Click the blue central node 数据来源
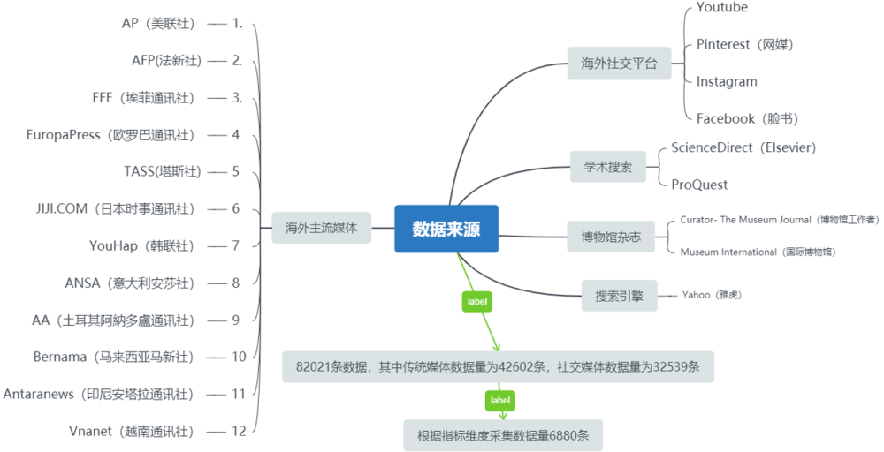point(446,228)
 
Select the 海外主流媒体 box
point(321,227)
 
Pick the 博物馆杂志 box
point(611,237)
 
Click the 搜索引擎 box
point(619,296)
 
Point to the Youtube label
point(721,8)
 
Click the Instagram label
point(727,81)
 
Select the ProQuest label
point(699,185)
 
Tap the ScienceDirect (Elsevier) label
point(743,147)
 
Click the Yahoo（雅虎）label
point(711,294)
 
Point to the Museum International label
point(758,252)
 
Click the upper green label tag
point(476,301)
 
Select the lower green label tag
point(500,401)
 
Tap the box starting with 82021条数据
point(498,366)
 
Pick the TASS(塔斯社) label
point(163,171)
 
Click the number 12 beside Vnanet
point(239,431)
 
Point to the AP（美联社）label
point(159,23)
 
